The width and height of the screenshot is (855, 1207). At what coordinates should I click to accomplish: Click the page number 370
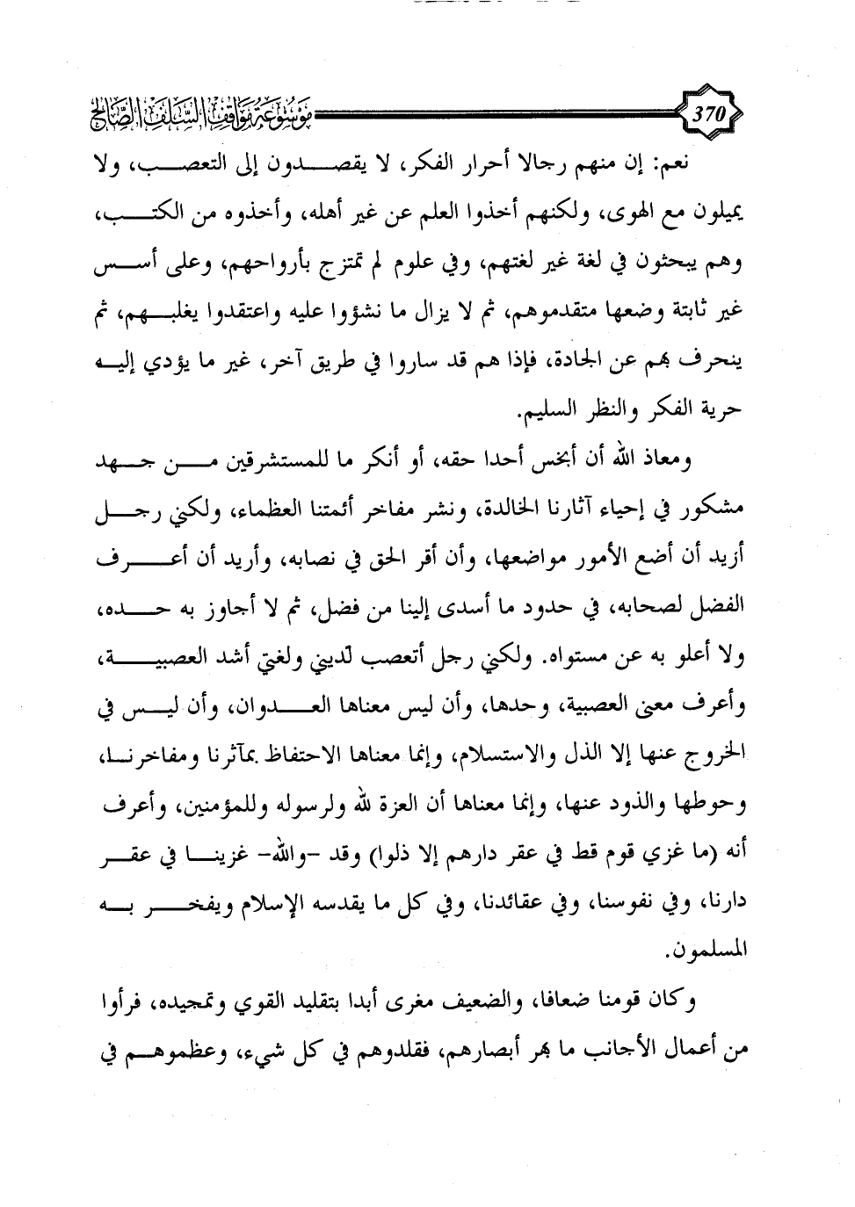707,112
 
